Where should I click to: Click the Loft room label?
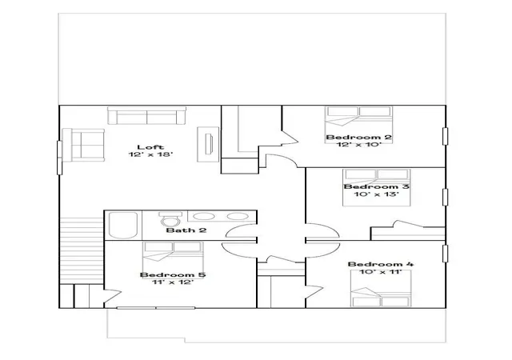click(x=150, y=147)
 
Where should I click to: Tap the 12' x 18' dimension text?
click(x=150, y=154)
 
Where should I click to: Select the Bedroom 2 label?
click(x=359, y=138)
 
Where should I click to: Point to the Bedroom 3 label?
click(x=377, y=187)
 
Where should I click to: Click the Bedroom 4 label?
click(x=381, y=264)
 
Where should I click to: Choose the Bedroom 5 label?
click(x=173, y=274)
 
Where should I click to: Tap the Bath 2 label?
click(x=186, y=230)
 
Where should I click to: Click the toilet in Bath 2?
click(x=170, y=219)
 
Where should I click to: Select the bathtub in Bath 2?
click(x=122, y=226)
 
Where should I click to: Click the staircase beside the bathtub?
click(x=82, y=251)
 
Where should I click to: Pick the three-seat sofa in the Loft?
click(x=147, y=115)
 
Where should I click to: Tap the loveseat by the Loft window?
click(x=83, y=145)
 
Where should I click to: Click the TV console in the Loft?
click(x=208, y=144)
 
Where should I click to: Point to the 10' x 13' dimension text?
click(x=377, y=194)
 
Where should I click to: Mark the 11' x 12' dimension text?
click(x=173, y=282)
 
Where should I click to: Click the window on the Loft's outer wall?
click(x=59, y=158)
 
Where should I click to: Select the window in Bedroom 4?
click(x=445, y=254)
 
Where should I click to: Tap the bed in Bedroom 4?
click(x=381, y=289)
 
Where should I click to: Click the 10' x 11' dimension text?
click(x=381, y=272)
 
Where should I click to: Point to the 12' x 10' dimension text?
click(x=359, y=145)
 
